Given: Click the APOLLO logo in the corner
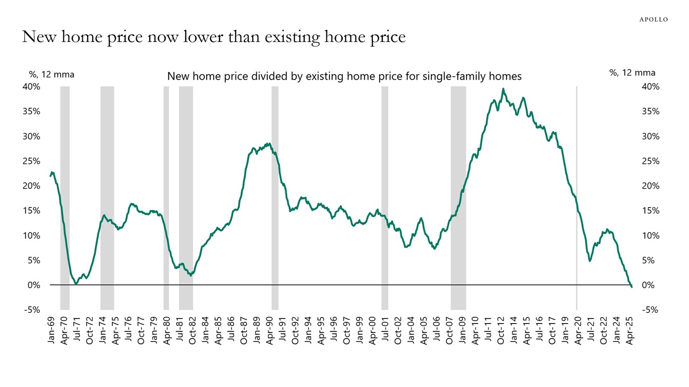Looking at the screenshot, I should click(x=653, y=20).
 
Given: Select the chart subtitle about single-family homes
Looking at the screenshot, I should click(x=344, y=77).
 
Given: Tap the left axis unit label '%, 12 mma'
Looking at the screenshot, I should click(x=51, y=74).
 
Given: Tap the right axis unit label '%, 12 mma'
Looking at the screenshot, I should click(x=633, y=73).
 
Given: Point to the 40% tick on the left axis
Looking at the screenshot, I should click(x=31, y=87).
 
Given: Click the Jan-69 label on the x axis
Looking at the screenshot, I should click(x=51, y=332).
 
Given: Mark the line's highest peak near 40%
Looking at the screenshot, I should click(x=503, y=89).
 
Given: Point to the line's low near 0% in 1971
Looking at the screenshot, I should click(x=76, y=284).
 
